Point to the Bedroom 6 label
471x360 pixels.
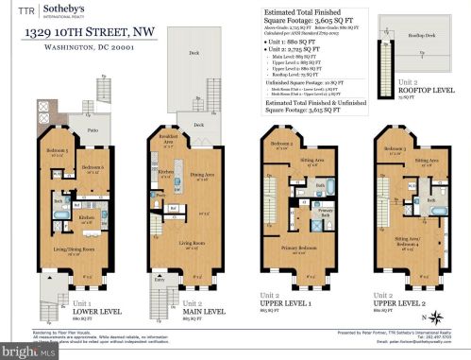pos(91,167)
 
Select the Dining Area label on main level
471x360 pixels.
pos(202,173)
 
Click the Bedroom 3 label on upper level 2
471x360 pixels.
pos(395,149)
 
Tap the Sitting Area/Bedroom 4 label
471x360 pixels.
pos(407,237)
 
